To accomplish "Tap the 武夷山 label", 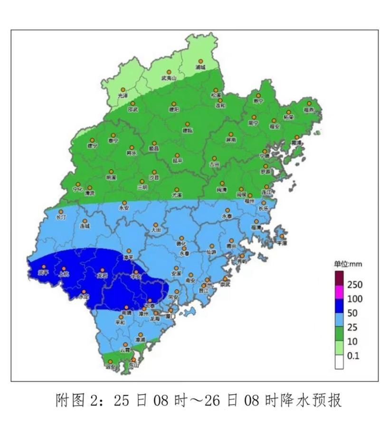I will pyautogui.click(x=169, y=78).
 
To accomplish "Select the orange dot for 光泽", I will pyautogui.click(x=123, y=90).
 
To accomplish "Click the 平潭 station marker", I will pyautogui.click(x=282, y=236).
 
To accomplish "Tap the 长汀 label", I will pyautogui.click(x=61, y=217).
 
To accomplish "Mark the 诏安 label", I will pyautogui.click(x=110, y=367).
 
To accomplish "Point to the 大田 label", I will pyautogui.click(x=156, y=230).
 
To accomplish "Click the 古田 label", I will pyautogui.click(x=215, y=164).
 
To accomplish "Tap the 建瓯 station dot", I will pyautogui.click(x=187, y=124).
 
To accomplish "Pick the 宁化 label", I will pyautogui.click(x=77, y=189).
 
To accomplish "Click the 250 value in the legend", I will pyautogui.click(x=355, y=285).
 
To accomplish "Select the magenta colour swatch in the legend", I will pyautogui.click(x=340, y=291).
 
